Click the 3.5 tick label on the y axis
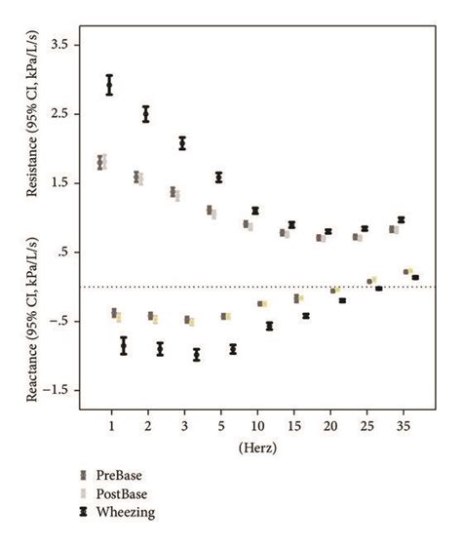[61, 45]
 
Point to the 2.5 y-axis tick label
[61, 114]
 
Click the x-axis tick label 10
[256, 426]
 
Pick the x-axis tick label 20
[329, 426]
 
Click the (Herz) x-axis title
[256, 448]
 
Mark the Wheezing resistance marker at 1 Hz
[109, 85]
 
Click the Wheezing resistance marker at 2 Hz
[146, 113]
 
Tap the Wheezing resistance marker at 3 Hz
[182, 143]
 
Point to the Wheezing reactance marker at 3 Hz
[197, 354]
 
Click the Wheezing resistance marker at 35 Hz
[401, 219]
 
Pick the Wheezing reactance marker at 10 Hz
[269, 326]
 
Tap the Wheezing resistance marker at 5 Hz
[218, 176]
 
